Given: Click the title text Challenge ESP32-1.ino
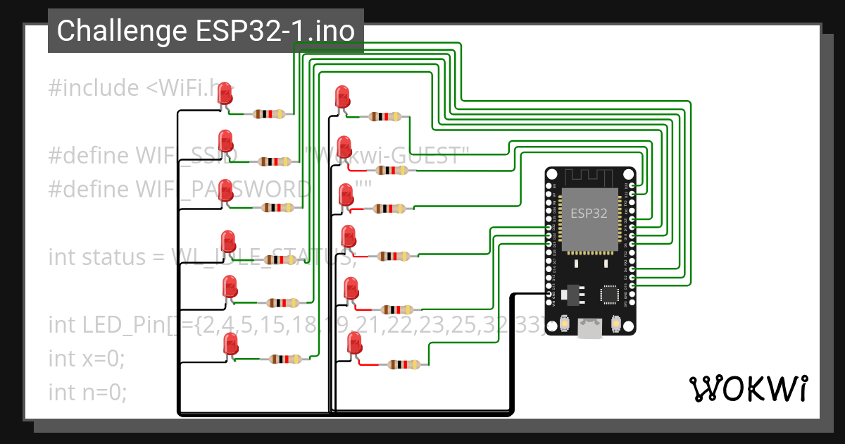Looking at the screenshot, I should click(x=206, y=31).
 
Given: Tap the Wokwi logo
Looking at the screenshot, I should click(x=748, y=388).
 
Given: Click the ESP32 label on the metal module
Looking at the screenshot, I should click(x=589, y=213).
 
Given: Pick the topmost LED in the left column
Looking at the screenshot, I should click(x=225, y=95).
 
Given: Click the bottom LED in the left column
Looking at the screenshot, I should click(x=230, y=345).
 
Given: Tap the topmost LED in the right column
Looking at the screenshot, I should click(x=342, y=98).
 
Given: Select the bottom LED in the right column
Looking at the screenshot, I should click(x=354, y=345).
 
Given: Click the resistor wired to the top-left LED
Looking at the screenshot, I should click(x=269, y=113).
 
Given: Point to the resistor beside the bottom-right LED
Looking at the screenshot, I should click(x=403, y=364).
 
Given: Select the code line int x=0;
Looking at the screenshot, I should click(x=86, y=358).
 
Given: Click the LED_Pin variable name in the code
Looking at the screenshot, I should click(x=124, y=325).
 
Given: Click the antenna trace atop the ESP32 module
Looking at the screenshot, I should click(x=590, y=177).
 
